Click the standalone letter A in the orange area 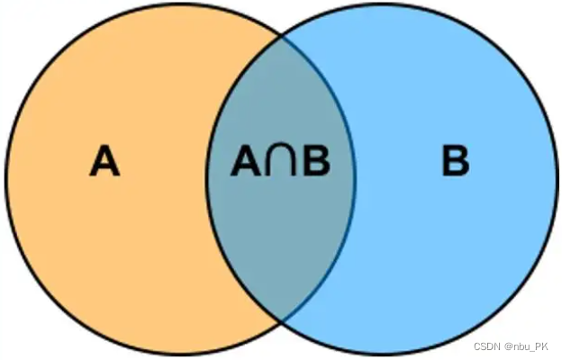[104, 163]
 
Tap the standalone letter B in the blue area [456, 163]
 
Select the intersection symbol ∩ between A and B [281, 163]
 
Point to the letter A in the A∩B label [246, 163]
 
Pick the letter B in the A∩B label [316, 163]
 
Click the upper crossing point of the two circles [281, 36]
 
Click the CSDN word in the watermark [487, 347]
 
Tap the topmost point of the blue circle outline [382, 4]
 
